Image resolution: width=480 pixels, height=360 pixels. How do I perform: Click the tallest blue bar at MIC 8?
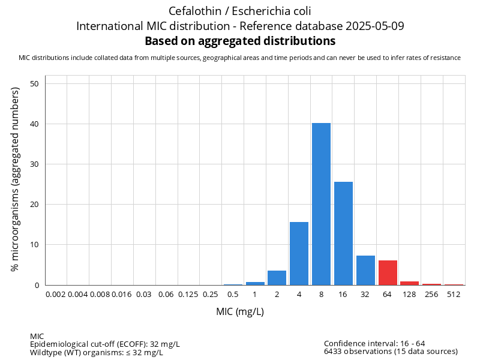coord(321,204)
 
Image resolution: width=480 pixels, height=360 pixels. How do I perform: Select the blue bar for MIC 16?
coord(343,233)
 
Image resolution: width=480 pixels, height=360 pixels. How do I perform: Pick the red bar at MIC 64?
coord(388,273)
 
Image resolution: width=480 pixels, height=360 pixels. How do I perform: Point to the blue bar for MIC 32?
coord(365,271)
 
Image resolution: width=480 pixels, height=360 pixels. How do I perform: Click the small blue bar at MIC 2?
coord(277,278)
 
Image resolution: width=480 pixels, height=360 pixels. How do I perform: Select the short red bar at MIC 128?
coord(410,283)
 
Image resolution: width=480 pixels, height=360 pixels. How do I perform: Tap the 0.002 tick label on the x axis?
coord(55,295)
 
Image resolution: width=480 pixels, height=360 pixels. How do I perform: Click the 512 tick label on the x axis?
coord(454,295)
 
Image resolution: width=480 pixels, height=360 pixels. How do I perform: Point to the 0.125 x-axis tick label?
coord(188,295)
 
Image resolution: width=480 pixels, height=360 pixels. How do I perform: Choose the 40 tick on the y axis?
coord(35,124)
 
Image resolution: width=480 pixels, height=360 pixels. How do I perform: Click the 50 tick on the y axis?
coord(35,84)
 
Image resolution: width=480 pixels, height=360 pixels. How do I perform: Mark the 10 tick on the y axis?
coord(35,245)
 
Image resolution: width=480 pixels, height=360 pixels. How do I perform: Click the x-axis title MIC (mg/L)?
coord(240,312)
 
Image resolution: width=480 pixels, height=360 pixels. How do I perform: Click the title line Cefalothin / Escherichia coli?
coord(240,11)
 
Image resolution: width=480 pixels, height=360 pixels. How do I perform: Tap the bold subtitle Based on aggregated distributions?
coord(240,41)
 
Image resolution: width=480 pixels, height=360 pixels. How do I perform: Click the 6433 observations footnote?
coord(391,352)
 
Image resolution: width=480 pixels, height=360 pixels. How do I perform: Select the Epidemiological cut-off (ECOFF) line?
coord(105,344)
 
